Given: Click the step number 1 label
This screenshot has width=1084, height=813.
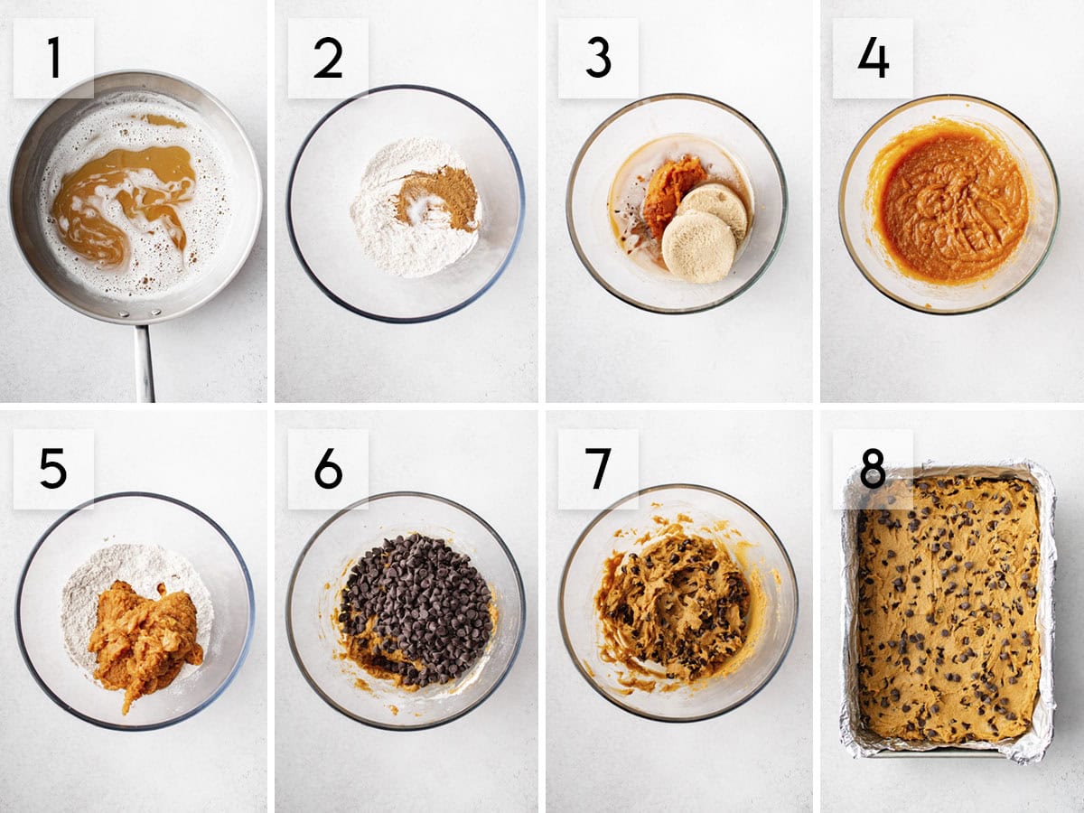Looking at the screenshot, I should [53, 58].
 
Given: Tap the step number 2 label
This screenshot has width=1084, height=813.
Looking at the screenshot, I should [328, 58].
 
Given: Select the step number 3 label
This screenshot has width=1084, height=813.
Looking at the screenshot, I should [598, 58].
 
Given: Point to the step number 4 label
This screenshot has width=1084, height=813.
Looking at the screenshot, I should [873, 58].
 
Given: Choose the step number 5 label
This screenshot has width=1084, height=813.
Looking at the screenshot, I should [53, 469].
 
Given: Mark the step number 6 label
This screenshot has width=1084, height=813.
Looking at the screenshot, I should [328, 469].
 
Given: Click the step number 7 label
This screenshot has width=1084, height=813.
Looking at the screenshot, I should [598, 469].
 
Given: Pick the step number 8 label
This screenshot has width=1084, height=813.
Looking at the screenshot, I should [873, 469].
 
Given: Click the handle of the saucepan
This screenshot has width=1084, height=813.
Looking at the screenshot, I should [145, 361].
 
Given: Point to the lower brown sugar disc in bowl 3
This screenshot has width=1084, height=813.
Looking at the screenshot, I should [697, 247].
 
